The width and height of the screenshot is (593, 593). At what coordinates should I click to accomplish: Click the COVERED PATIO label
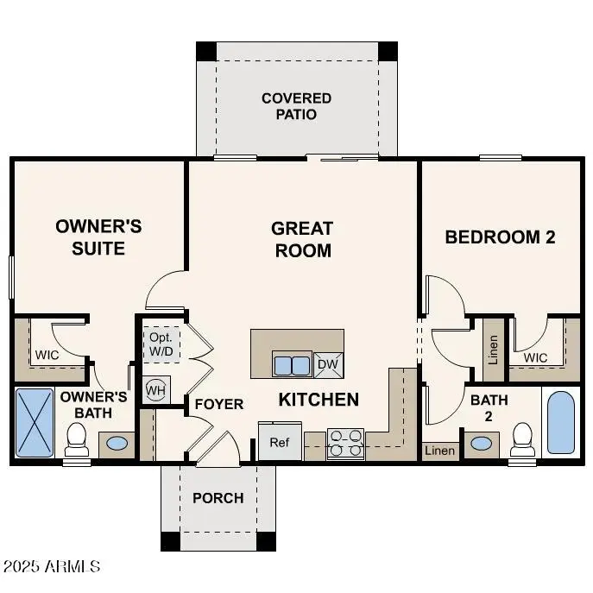[296, 106]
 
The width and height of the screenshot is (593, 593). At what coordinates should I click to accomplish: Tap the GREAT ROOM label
[301, 239]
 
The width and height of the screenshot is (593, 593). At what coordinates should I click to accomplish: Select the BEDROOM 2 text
[500, 237]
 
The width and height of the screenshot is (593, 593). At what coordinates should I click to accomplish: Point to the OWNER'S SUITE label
[98, 237]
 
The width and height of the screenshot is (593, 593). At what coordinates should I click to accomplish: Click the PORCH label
[218, 498]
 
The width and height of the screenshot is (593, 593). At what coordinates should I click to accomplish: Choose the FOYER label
[218, 404]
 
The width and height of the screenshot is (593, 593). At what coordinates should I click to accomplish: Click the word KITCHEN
[319, 400]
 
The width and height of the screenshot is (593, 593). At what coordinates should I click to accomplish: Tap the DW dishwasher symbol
[328, 365]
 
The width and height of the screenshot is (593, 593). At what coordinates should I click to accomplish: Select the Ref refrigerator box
[279, 442]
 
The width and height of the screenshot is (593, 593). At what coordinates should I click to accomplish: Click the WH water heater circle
[155, 390]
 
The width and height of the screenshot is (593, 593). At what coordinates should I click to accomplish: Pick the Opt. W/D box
[161, 344]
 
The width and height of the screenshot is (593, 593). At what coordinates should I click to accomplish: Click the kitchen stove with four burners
[345, 443]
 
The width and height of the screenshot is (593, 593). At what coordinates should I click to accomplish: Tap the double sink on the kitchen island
[292, 365]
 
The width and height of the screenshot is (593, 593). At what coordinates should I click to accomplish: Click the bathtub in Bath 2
[560, 424]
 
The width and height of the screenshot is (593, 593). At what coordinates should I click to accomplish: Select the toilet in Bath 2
[522, 438]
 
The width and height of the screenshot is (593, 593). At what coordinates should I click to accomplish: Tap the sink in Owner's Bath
[116, 445]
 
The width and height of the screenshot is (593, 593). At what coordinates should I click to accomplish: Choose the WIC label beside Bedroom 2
[535, 357]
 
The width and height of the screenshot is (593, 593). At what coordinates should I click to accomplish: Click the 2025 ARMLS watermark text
[52, 567]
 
